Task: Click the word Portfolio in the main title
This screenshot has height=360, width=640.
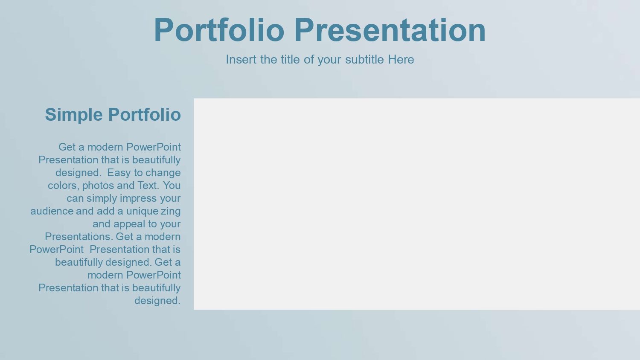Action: [x=219, y=30]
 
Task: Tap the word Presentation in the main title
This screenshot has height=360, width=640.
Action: [x=390, y=30]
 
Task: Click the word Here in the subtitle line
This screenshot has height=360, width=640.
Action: [x=401, y=59]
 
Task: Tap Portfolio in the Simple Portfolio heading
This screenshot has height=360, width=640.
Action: [x=145, y=115]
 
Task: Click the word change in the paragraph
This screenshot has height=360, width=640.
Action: [x=163, y=173]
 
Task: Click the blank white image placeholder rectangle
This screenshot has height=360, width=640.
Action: [x=417, y=204]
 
